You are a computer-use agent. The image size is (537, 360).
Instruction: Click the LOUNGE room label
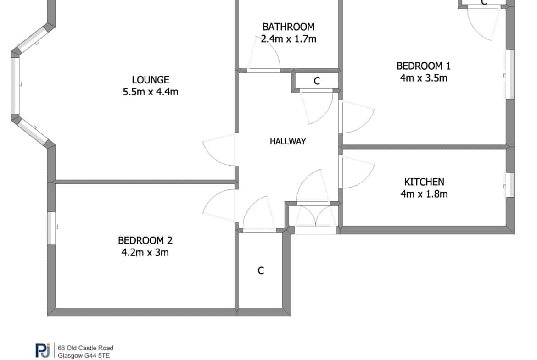click(x=151, y=80)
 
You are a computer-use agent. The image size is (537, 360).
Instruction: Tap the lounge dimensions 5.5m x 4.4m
click(x=151, y=92)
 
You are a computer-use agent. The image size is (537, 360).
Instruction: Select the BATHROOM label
click(x=288, y=27)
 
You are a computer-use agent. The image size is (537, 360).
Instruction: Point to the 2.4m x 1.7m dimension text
click(x=288, y=39)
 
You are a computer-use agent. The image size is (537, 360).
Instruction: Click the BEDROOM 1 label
click(x=424, y=66)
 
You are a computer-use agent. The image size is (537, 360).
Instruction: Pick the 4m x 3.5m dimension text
click(x=424, y=78)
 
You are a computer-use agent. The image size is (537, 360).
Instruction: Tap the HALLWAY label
click(x=288, y=141)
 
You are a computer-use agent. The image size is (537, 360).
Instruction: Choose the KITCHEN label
click(x=424, y=182)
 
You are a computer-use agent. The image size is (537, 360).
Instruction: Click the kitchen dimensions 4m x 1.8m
click(x=424, y=194)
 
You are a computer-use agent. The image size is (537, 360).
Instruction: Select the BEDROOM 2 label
click(x=145, y=240)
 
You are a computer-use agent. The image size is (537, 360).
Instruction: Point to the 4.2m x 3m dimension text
click(x=145, y=253)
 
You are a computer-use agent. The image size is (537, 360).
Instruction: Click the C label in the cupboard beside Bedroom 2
click(x=261, y=271)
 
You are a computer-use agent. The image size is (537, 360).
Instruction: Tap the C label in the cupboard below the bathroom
click(x=317, y=81)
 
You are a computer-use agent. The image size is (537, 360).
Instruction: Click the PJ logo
click(x=43, y=350)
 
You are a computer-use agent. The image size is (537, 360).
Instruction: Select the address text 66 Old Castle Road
click(x=86, y=348)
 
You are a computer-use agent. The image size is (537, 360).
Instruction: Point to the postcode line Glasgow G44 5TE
click(x=84, y=356)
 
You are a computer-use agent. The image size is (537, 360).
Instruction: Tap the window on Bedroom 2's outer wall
click(x=51, y=228)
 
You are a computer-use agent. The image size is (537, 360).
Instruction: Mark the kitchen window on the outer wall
click(x=510, y=185)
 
